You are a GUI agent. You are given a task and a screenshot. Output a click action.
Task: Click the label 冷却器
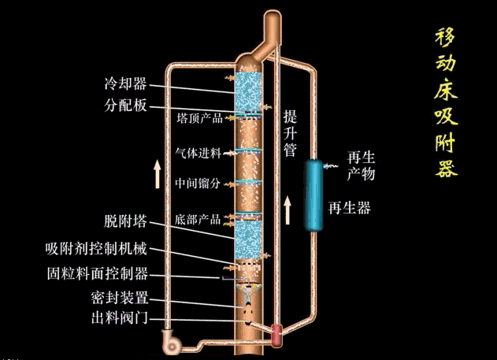click(125, 83)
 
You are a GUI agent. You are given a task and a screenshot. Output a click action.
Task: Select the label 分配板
click(125, 106)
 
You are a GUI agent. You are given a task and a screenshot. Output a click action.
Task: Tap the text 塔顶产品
click(199, 118)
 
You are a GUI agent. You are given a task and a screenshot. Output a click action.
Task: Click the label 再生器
click(349, 208)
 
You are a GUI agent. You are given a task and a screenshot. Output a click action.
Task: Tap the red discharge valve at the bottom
click(277, 334)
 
